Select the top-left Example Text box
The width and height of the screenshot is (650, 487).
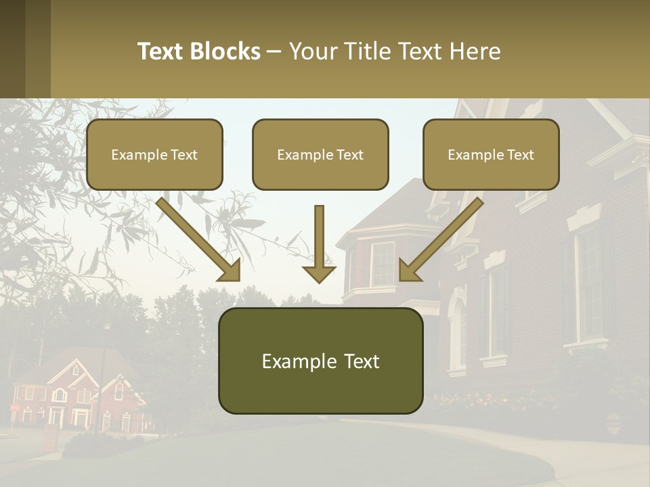click(x=154, y=154)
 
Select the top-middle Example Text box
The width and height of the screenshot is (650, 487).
click(x=320, y=154)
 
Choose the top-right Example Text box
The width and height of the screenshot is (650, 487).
click(x=491, y=154)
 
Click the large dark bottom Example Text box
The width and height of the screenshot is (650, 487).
click(x=320, y=361)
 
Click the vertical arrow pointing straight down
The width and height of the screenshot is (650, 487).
click(x=319, y=243)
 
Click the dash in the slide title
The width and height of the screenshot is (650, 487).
click(x=274, y=51)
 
